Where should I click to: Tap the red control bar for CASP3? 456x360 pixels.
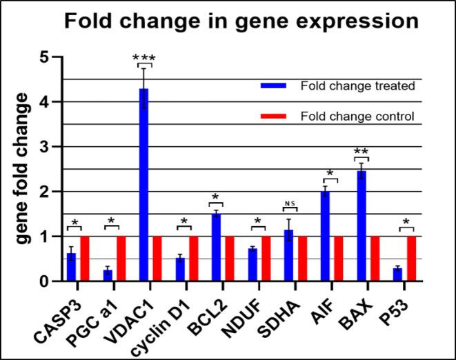coord(85,259)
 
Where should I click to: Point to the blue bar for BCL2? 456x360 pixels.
coord(215,248)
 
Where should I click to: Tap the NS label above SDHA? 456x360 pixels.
coord(290,202)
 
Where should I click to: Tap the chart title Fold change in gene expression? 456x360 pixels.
coord(241,22)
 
